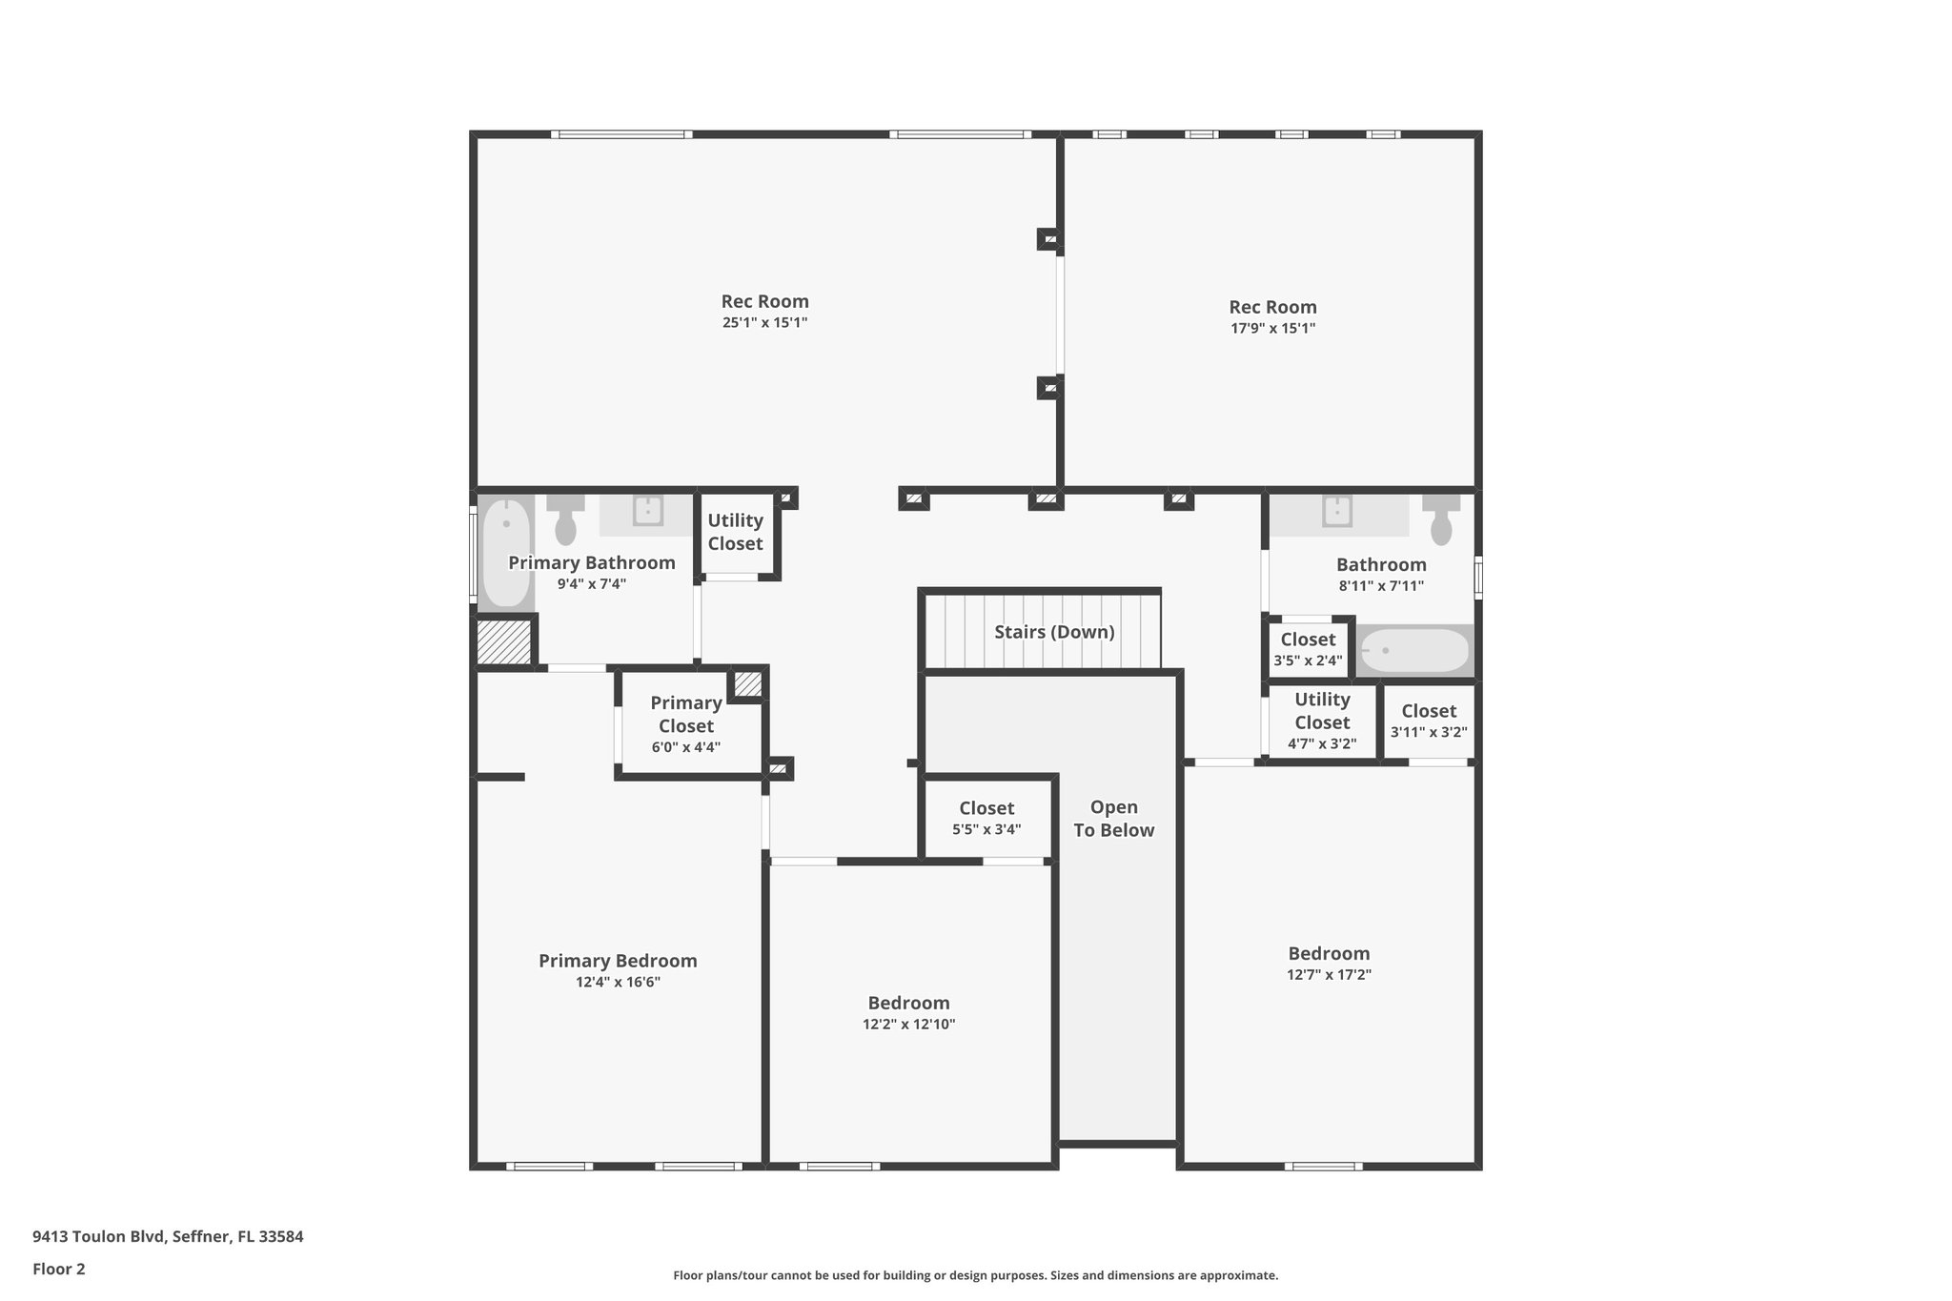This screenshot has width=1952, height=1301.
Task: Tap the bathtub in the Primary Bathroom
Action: [505, 553]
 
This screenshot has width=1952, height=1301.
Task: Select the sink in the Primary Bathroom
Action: [648, 512]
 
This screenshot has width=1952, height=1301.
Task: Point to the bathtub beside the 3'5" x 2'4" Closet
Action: [1414, 651]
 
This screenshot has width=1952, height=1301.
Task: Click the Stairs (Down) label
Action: [1054, 632]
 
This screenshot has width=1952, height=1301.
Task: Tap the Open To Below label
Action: [1113, 819]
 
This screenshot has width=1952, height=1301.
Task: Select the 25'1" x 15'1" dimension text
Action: [764, 323]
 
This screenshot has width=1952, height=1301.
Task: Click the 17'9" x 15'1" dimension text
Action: [1272, 329]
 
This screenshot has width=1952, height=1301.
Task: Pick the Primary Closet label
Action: [685, 714]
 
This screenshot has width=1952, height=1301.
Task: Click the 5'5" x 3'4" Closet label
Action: [986, 809]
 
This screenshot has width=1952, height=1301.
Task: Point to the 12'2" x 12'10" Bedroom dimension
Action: [908, 1025]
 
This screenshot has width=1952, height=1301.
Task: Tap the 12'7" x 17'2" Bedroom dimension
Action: [1329, 975]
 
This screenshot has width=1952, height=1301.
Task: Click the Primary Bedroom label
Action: [618, 961]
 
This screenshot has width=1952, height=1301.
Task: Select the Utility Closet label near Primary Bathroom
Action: [735, 532]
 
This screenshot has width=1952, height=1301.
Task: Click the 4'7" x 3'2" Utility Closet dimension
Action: [1322, 744]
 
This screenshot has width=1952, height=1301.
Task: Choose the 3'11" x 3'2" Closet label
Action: [1429, 711]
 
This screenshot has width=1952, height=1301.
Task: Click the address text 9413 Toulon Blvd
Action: [168, 1237]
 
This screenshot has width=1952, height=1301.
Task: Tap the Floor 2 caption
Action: [59, 1270]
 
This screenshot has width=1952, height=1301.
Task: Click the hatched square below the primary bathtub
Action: [504, 642]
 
